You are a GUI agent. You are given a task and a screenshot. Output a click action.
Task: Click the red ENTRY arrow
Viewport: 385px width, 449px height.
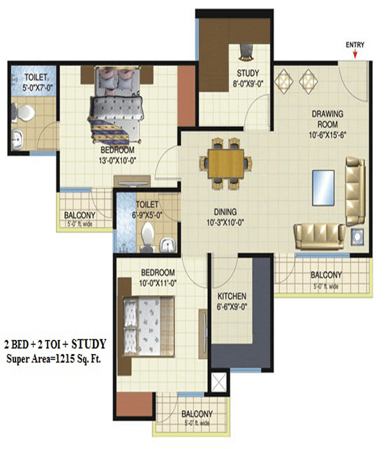pyautogui.click(x=355, y=54)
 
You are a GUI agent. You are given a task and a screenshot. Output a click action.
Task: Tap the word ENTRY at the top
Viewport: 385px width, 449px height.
pyautogui.click(x=355, y=45)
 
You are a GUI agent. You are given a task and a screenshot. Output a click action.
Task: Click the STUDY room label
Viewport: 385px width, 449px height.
pyautogui.click(x=248, y=72)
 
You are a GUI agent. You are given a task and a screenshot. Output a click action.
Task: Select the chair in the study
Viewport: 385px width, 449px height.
pyautogui.click(x=246, y=52)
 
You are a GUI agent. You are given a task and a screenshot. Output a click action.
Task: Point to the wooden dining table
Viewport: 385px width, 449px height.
pyautogui.click(x=226, y=164)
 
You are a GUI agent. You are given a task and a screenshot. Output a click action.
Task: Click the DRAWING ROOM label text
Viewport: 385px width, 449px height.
pyautogui.click(x=327, y=119)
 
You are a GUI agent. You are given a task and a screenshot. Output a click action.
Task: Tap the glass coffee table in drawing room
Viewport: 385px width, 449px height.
pyautogui.click(x=323, y=188)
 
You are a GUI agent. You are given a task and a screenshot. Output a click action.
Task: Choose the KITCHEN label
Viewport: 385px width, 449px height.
pyautogui.click(x=232, y=296)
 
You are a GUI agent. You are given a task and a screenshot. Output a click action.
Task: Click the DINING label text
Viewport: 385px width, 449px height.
pyautogui.click(x=225, y=212)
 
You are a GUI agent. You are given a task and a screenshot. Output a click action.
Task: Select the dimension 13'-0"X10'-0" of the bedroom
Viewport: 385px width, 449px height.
pyautogui.click(x=117, y=160)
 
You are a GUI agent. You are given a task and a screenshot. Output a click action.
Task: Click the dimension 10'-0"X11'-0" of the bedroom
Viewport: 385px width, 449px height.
pyautogui.click(x=158, y=284)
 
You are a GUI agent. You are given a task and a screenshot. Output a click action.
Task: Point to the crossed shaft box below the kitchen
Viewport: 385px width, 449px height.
pyautogui.click(x=219, y=382)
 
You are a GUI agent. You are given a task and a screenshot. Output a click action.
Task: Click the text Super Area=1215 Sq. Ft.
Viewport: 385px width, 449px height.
pyautogui.click(x=53, y=359)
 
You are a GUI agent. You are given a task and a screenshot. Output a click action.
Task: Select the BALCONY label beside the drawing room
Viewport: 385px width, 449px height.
pyautogui.click(x=326, y=275)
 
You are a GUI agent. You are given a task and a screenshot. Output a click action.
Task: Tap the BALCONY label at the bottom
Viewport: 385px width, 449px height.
pyautogui.click(x=197, y=414)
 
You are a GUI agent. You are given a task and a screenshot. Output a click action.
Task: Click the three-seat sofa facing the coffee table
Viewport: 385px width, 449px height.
pyautogui.click(x=355, y=191)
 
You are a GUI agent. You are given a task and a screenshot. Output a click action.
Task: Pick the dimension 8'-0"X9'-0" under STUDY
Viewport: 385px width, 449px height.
pyautogui.click(x=248, y=83)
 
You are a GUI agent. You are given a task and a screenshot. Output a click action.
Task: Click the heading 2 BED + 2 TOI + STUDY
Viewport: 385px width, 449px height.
pyautogui.click(x=55, y=344)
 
